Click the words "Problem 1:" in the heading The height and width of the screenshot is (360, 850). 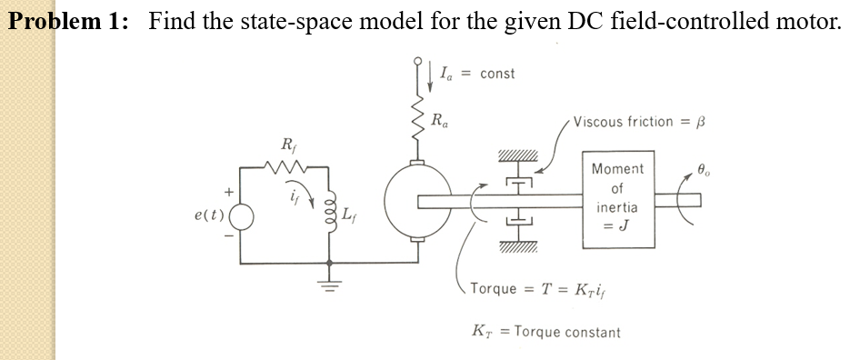pyautogui.click(x=69, y=22)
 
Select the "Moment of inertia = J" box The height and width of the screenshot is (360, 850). pyautogui.click(x=617, y=197)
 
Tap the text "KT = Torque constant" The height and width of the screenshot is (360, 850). pyautogui.click(x=545, y=332)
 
